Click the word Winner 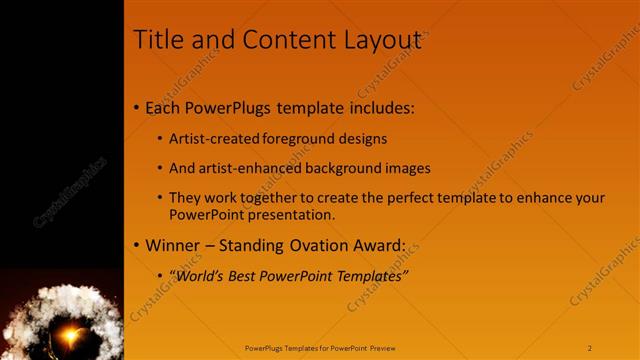pyautogui.click(x=173, y=245)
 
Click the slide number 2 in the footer pyautogui.click(x=590, y=348)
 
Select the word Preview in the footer pyautogui.click(x=381, y=348)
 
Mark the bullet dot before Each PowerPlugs pyautogui.click(x=136, y=108)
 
